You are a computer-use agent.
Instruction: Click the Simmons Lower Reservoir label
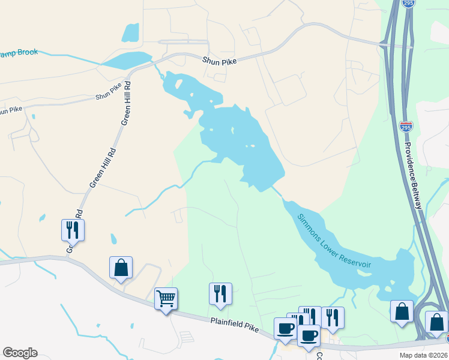click(334, 240)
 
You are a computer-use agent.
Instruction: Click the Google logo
click(20, 353)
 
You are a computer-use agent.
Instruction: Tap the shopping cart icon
click(166, 298)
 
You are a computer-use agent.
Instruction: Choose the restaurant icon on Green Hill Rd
click(72, 229)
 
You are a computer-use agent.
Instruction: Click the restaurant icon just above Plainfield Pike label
click(220, 293)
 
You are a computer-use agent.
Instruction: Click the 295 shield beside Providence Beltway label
click(406, 127)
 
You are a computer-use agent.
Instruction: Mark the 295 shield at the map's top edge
click(408, 4)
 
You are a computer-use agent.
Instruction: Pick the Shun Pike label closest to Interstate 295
click(220, 60)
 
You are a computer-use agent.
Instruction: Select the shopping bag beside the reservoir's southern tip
click(402, 311)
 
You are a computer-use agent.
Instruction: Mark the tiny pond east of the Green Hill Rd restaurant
click(113, 239)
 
